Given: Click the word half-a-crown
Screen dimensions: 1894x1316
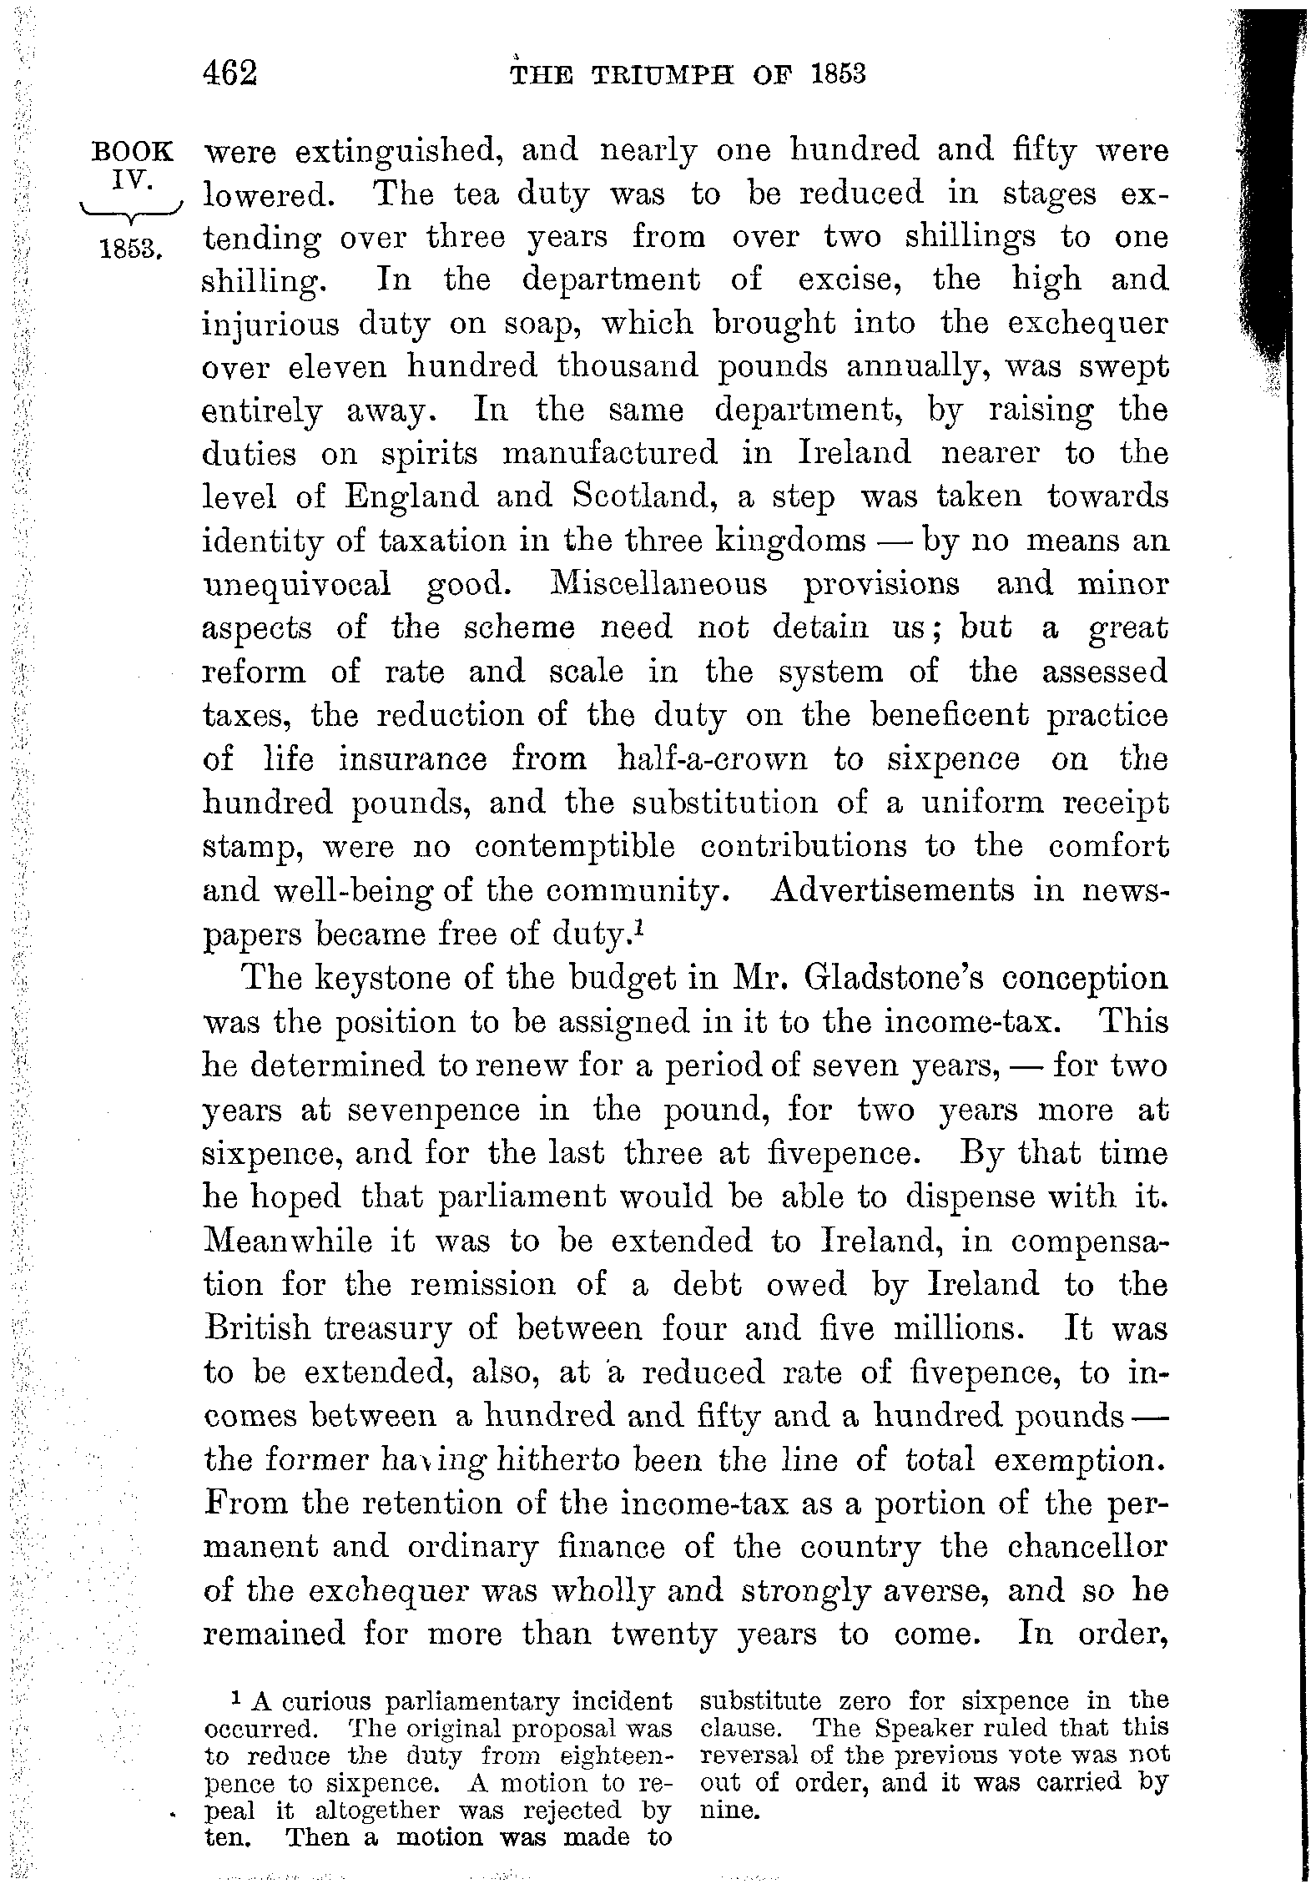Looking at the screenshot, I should (x=712, y=759).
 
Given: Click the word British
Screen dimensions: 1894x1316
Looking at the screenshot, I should (x=258, y=1328).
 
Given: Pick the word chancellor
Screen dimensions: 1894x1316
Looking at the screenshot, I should (x=1087, y=1547).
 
